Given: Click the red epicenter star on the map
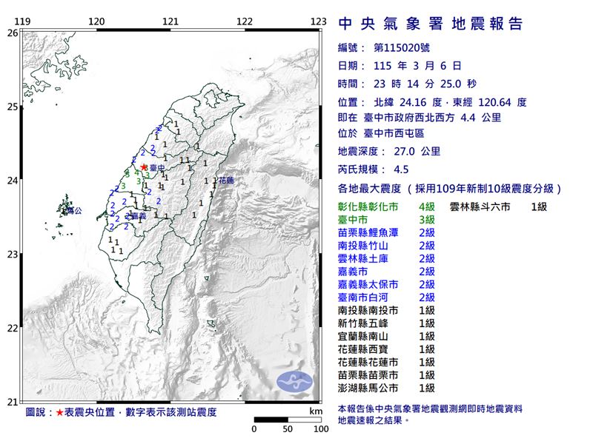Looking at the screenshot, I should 143,168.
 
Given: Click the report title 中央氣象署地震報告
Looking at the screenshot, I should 431,24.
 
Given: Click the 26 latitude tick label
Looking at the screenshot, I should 12,33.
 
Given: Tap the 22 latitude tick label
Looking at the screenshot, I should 12,328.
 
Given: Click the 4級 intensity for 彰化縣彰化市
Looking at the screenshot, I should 426,207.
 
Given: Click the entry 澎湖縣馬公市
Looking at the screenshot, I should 368,387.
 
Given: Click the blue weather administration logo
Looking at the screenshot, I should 295,382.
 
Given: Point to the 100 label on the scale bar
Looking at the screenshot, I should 320,428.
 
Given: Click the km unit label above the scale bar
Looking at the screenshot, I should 316,410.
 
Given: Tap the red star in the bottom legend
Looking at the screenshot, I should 59,411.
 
